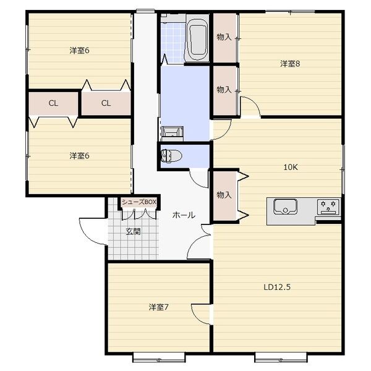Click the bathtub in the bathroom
point(197,38)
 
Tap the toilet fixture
point(171,156)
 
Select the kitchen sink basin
point(285,207)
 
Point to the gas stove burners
point(328,207)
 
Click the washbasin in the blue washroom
point(173,133)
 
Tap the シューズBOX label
point(139,202)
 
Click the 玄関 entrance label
point(133,232)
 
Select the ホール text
point(184,215)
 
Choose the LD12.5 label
point(277,288)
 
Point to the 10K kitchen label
point(291,168)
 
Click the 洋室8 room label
point(290,64)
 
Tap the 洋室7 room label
point(158,307)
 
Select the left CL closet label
point(53,103)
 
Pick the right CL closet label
point(106,103)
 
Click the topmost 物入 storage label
point(224,37)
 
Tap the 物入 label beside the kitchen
point(224,195)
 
